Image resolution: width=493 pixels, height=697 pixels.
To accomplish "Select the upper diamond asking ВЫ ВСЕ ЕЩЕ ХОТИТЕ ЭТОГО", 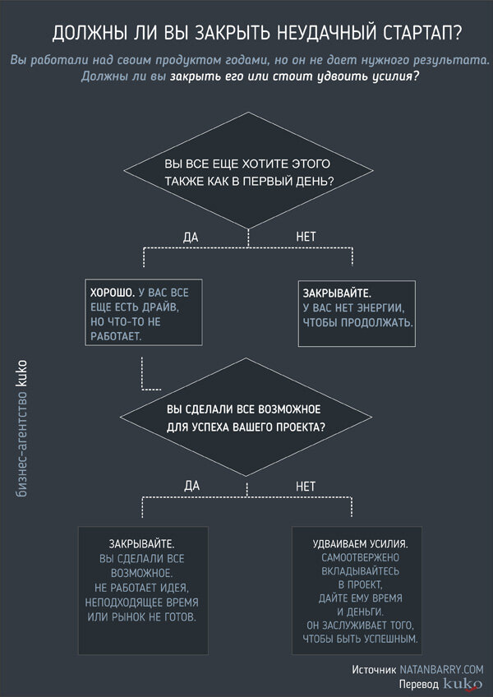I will click(248, 171).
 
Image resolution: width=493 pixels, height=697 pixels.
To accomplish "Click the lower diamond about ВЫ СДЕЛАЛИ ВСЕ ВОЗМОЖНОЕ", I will click(248, 418).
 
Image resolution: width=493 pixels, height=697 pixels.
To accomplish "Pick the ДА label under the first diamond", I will click(191, 237).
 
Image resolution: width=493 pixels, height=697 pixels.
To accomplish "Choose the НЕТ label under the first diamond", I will click(306, 237).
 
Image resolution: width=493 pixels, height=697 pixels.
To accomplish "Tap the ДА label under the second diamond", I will click(191, 486).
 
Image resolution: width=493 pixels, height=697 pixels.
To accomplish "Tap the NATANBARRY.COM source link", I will click(441, 670).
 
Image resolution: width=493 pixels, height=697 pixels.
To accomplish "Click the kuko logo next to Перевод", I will click(463, 683).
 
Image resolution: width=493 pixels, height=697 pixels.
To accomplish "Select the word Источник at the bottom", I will click(374, 670).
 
